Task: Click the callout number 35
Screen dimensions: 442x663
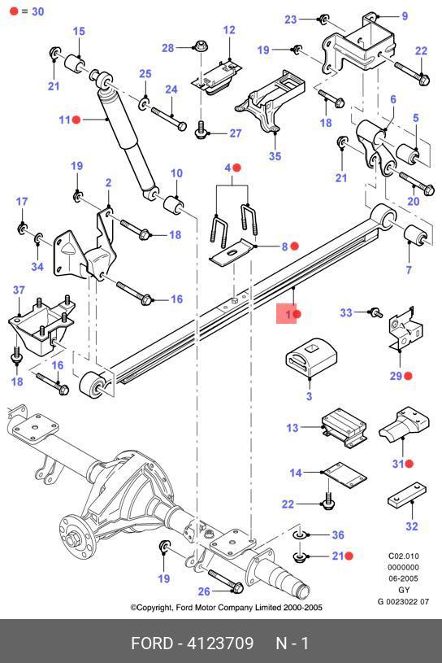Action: [275, 156]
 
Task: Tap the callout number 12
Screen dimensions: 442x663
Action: [229, 30]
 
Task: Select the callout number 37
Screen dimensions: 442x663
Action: [19, 290]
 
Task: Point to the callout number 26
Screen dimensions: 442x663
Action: [204, 591]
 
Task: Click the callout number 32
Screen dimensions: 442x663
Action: [412, 526]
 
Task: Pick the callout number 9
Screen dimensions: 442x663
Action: [405, 16]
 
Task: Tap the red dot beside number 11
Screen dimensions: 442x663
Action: [76, 120]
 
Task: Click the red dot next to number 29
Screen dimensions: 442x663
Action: [408, 376]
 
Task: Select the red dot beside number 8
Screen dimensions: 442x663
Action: [295, 246]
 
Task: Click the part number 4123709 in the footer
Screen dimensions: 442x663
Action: [220, 643]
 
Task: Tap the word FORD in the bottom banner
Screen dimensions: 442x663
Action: [152, 643]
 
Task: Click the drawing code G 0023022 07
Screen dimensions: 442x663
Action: [403, 601]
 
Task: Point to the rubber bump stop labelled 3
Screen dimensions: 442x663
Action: [311, 356]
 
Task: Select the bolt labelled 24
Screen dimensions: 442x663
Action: [169, 119]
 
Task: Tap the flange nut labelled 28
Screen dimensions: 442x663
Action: [201, 45]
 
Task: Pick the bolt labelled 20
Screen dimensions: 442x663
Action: [417, 182]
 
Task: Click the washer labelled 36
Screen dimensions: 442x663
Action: [299, 535]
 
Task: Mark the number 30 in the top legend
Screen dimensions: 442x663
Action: [38, 11]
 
